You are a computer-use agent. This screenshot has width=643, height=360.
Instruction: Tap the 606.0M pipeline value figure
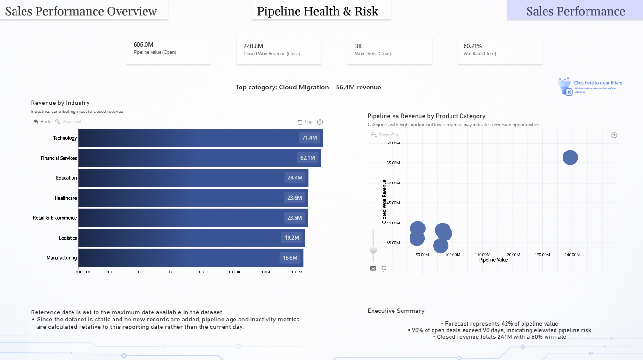[143, 45]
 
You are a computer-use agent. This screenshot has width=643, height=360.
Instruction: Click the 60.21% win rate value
[472, 46]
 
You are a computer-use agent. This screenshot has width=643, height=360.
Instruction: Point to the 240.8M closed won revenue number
[253, 46]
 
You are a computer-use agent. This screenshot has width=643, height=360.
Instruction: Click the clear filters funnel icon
[565, 86]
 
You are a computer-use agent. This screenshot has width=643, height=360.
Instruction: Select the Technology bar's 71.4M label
[309, 138]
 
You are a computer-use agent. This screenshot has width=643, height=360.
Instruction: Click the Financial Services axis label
[59, 158]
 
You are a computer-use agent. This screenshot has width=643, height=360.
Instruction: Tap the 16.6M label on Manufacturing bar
[289, 258]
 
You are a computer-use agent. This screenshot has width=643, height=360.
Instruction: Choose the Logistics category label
[68, 238]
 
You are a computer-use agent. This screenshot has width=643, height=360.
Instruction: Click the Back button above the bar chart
[42, 122]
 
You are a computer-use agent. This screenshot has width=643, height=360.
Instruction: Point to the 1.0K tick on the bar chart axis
[172, 272]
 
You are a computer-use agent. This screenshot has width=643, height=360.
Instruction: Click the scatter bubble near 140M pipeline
[570, 157]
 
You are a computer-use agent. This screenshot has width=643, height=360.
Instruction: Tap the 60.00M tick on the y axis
[393, 143]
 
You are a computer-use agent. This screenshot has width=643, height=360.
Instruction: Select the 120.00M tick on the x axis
[513, 255]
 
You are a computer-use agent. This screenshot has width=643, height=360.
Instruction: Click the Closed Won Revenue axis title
[384, 201]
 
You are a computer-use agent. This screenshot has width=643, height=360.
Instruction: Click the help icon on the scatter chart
[614, 135]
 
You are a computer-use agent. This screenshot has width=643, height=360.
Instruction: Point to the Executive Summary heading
[396, 311]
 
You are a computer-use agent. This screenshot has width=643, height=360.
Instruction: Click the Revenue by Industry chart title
[60, 103]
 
